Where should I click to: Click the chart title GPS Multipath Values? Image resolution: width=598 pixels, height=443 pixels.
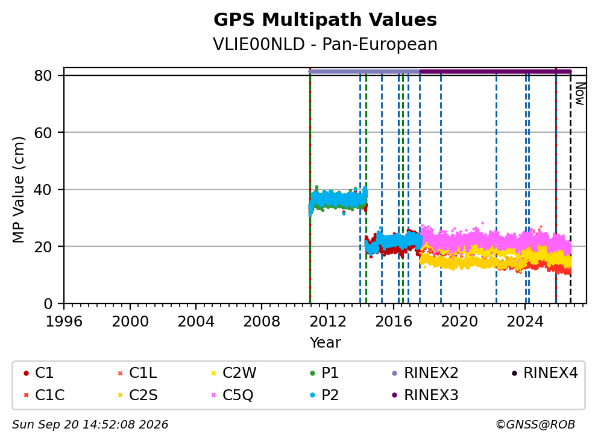tap(325, 20)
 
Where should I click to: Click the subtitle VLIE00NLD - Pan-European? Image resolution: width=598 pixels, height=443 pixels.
tap(325, 44)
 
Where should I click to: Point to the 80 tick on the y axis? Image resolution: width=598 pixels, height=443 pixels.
tap(43, 75)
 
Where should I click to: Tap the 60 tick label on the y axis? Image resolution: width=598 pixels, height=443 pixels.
tap(43, 133)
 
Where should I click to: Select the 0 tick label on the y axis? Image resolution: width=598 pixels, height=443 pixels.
tap(48, 304)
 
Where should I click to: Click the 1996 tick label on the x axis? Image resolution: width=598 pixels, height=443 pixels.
tap(64, 322)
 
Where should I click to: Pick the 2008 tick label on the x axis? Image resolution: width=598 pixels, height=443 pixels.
tap(262, 322)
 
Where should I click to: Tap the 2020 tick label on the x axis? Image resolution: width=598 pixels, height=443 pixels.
tap(459, 322)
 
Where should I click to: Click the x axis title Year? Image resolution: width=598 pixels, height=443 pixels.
tap(325, 343)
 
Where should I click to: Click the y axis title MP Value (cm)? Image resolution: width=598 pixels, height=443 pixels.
tap(18, 190)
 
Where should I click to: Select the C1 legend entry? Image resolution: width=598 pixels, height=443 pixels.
tap(39, 373)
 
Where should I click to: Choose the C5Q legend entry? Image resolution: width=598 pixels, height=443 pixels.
tap(232, 395)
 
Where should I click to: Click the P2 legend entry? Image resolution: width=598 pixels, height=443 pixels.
tap(324, 395)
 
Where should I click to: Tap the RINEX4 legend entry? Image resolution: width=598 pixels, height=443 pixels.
tap(544, 373)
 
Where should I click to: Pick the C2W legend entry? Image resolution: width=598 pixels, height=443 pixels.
tap(234, 373)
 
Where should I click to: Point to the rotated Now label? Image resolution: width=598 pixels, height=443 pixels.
tap(580, 94)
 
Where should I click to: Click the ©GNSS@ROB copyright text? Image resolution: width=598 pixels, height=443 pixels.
tap(535, 425)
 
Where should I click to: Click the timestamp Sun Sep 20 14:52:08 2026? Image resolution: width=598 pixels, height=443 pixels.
tap(90, 425)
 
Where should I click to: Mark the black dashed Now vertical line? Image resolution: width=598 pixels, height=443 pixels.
tap(570, 188)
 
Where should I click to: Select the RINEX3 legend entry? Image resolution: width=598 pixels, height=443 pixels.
tap(425, 395)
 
